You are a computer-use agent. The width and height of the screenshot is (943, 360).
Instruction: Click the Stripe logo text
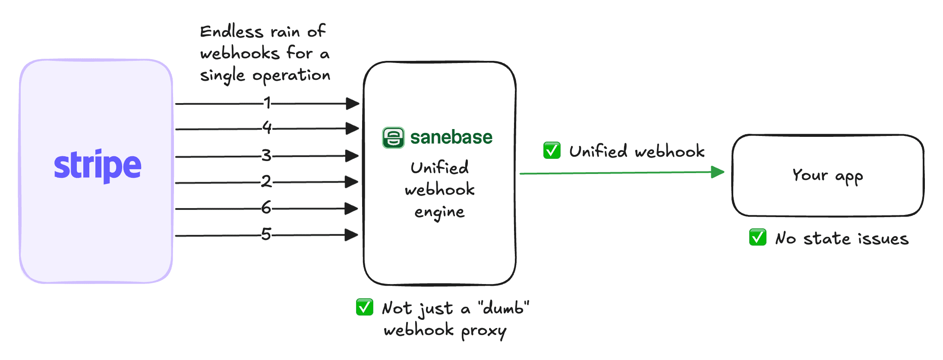coord(98,165)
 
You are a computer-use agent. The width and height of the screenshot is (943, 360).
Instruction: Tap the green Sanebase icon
coord(393,138)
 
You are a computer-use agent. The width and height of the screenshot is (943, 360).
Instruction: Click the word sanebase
coord(451,137)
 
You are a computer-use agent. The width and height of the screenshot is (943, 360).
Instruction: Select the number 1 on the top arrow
coord(268,103)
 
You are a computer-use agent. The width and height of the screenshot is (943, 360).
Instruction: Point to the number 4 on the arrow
coord(267,127)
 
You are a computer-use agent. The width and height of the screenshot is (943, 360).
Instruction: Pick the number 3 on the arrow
coord(267,155)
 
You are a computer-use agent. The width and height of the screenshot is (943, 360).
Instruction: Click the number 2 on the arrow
coord(267,181)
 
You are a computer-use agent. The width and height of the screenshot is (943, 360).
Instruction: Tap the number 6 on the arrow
coord(266,208)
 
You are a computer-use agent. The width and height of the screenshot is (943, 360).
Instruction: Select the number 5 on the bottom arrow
coord(266,234)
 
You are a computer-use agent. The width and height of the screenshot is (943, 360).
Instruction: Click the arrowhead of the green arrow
coord(717,172)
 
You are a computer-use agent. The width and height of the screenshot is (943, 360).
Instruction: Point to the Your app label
coord(827,176)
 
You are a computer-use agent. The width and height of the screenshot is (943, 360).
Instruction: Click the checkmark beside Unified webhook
coord(552,150)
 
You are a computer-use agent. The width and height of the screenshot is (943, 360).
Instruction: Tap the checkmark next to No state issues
coord(758,237)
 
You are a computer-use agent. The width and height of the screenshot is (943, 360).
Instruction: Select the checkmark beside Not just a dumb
coord(365,307)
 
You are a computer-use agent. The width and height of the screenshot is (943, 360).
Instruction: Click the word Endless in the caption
coord(232,32)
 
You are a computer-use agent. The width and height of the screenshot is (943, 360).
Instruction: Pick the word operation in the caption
coord(291,76)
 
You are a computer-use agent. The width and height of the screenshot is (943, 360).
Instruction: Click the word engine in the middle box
coord(439,212)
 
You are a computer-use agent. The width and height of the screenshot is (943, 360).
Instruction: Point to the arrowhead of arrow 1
coord(353,104)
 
